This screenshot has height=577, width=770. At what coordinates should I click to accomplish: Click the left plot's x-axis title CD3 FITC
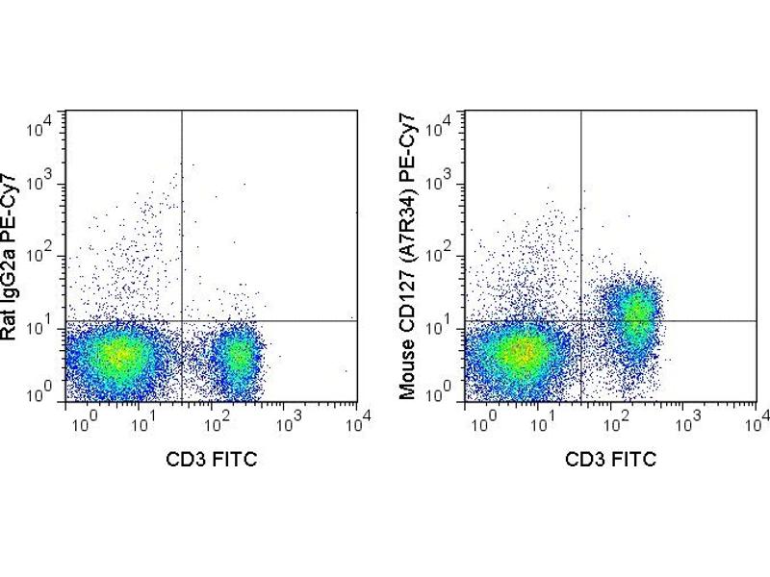click(211, 459)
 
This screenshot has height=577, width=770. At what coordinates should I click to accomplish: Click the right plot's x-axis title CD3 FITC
click(610, 459)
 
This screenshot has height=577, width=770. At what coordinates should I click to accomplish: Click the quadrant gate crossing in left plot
click(181, 321)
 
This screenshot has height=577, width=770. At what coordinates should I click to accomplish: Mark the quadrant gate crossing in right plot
click(580, 321)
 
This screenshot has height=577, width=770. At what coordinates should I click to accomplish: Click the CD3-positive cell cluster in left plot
click(235, 356)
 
